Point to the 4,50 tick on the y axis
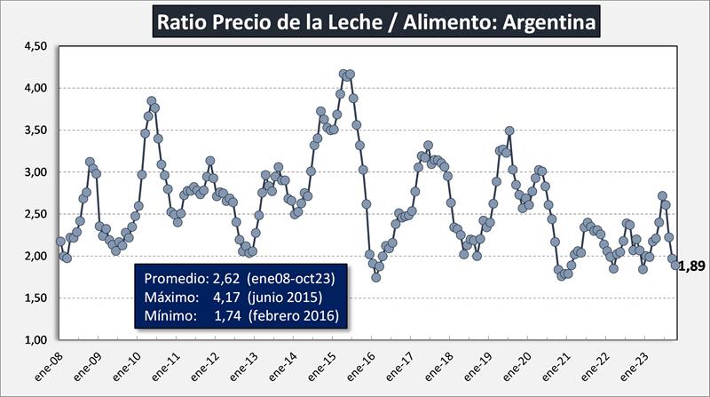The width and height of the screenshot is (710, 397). pos(33,46)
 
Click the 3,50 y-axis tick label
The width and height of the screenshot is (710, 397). pos(33,130)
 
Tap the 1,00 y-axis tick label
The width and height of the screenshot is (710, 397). pos(33,340)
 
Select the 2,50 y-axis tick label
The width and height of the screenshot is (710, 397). pos(33,214)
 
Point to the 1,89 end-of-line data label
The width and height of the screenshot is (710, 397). pos(691,266)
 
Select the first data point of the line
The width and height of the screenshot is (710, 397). pos(60,241)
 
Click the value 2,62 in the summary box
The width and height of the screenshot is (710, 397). pos(225,279)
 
